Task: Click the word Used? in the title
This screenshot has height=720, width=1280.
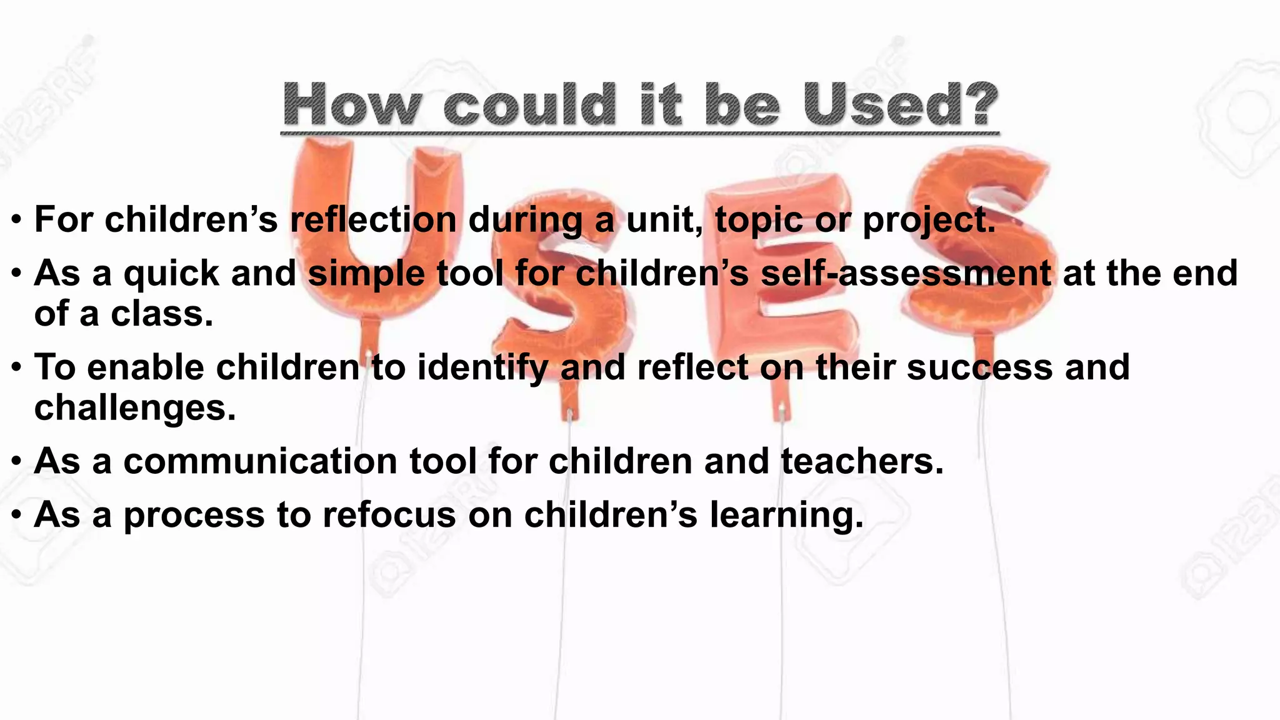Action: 900,104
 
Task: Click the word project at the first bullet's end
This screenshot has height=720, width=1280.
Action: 928,221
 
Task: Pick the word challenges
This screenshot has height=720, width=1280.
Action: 135,408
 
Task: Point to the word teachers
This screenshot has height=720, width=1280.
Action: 861,461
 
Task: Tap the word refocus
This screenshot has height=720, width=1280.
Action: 389,515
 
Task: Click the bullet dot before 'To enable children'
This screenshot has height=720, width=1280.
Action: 17,367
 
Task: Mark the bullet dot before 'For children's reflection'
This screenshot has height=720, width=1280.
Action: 17,220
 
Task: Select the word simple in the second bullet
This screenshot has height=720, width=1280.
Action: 366,274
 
